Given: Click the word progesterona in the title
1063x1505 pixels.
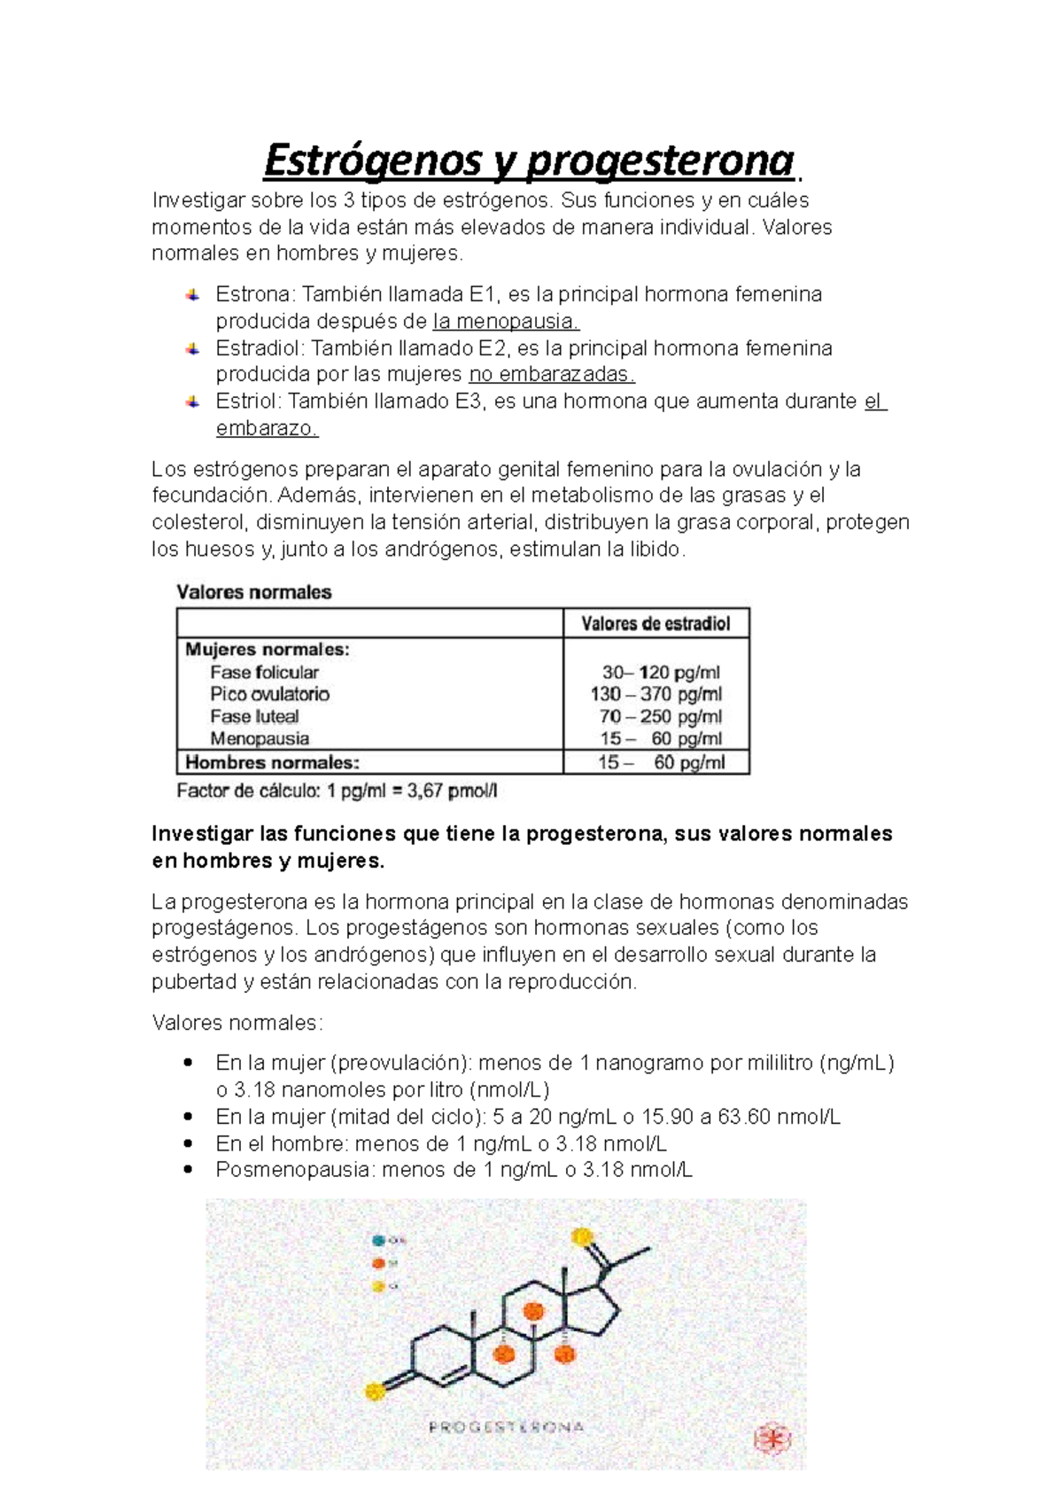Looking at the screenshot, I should click(660, 160).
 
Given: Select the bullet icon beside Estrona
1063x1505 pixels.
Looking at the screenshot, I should click(192, 295).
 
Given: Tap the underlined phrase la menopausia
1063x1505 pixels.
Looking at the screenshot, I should click(506, 321).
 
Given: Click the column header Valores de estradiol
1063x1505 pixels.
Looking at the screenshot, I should click(656, 624).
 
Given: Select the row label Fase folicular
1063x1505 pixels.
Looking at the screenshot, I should click(264, 673).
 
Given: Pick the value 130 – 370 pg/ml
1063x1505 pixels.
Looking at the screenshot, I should click(656, 694).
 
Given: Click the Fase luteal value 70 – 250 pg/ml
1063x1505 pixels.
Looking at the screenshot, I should click(660, 716).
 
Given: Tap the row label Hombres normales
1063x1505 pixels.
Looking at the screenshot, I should click(272, 762).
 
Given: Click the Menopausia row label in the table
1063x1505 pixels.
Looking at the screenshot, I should click(260, 738).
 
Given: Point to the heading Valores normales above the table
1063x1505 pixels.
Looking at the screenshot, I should click(254, 592).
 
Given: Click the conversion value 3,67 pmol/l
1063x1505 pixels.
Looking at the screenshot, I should click(453, 791).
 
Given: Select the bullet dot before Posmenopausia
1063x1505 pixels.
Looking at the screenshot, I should click(187, 1169).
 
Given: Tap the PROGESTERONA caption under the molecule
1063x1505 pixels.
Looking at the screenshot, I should click(506, 1427).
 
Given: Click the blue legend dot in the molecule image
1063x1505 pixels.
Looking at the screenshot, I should click(379, 1240).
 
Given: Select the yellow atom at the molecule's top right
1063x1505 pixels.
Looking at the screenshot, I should click(582, 1236).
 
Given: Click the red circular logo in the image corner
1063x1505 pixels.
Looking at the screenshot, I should click(772, 1439).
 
